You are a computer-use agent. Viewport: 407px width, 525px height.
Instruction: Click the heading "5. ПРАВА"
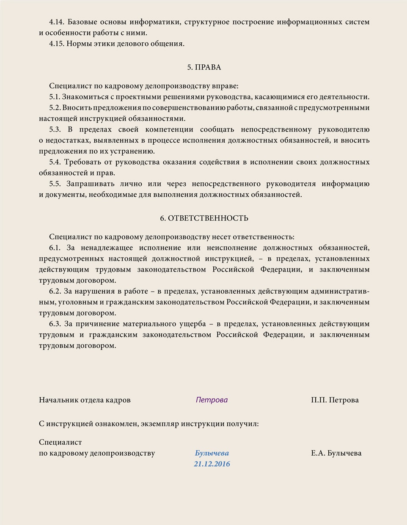pyautogui.click(x=204, y=67)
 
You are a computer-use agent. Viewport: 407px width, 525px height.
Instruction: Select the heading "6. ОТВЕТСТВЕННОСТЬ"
pyautogui.click(x=204, y=218)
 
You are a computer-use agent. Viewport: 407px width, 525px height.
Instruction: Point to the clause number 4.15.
pyautogui.click(x=57, y=44)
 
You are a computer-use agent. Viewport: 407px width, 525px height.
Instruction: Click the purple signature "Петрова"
pyautogui.click(x=212, y=400)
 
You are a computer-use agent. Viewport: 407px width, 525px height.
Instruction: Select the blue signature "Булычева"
pyautogui.click(x=212, y=453)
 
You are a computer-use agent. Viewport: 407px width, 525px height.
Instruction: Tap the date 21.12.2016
pyautogui.click(x=212, y=464)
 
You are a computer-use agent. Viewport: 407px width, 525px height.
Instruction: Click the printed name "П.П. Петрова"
pyautogui.click(x=335, y=400)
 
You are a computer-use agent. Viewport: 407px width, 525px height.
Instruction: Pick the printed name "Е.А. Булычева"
pyautogui.click(x=336, y=454)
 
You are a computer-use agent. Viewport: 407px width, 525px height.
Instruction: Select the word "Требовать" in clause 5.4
pyautogui.click(x=83, y=162)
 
